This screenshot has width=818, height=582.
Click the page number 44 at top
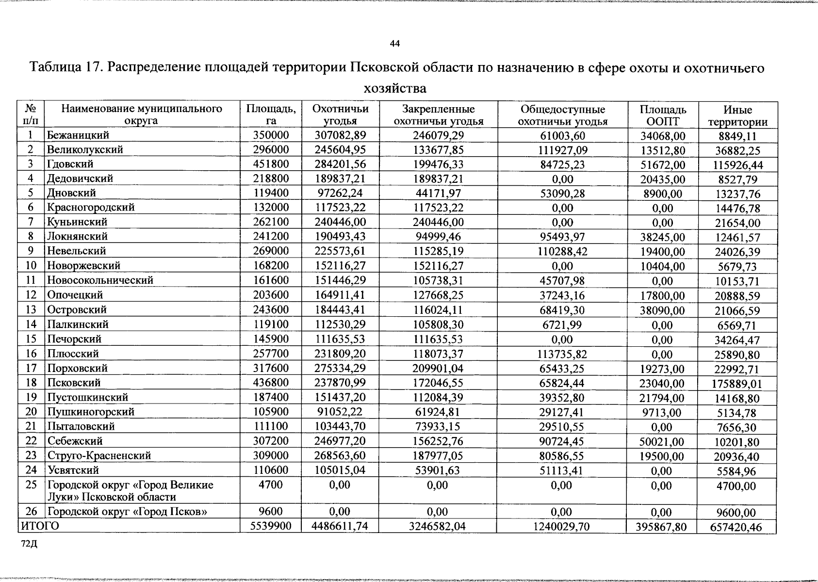tap(394, 44)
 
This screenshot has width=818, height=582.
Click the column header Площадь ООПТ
tap(662, 115)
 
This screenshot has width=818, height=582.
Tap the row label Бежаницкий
tap(78, 135)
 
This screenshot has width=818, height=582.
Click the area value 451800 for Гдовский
tap(271, 164)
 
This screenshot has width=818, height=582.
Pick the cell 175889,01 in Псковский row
tap(737, 385)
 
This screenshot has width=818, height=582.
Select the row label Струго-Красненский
tap(99, 455)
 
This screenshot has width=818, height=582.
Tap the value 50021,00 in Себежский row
tap(662, 442)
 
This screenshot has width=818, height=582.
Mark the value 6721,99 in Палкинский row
tap(562, 324)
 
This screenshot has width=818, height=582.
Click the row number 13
tap(31, 309)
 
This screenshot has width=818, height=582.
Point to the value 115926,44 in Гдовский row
tap(737, 165)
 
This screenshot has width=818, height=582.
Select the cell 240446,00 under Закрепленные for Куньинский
tap(438, 222)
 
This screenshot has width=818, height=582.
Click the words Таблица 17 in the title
tap(65, 67)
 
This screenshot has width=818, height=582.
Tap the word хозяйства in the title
tap(395, 88)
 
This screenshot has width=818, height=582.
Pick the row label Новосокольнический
tap(100, 280)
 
